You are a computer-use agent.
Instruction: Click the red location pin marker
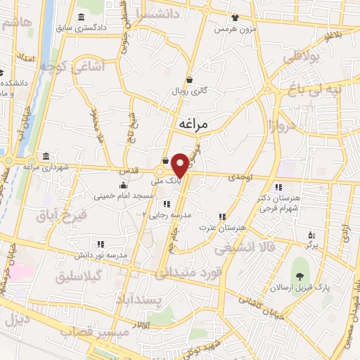pos(180,164)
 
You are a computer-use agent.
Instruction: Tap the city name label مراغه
pos(194,124)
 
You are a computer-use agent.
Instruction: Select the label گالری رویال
pos(189,91)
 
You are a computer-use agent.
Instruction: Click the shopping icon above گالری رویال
pos(189,80)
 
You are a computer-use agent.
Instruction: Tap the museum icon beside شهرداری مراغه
pos(46,155)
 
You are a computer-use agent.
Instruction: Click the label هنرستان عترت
pos(224,229)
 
